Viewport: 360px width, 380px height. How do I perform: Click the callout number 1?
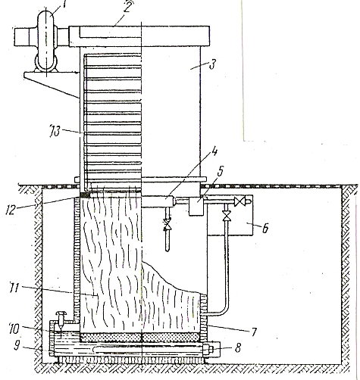tap(63, 5)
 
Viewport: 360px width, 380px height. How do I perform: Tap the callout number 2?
tap(127, 7)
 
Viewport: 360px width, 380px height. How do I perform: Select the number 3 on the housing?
tap(212, 64)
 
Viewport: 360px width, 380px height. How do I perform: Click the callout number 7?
tap(254, 332)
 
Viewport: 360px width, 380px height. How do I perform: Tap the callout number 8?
tap(237, 348)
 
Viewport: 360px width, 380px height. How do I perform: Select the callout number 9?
tap(17, 346)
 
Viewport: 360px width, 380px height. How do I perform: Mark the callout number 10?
tap(14, 329)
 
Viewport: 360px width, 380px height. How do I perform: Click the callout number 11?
tap(14, 288)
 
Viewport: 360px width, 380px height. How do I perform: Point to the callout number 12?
tap(11, 210)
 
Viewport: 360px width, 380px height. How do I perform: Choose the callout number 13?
tap(55, 132)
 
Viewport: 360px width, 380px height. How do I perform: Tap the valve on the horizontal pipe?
tap(239, 201)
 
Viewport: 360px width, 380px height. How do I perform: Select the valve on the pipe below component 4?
tap(167, 226)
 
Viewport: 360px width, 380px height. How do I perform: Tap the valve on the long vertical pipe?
tap(227, 216)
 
